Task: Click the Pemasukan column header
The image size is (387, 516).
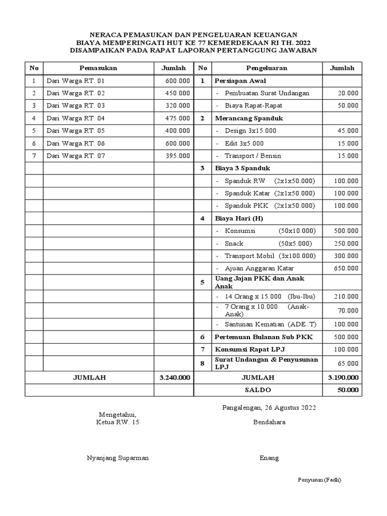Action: tap(98, 68)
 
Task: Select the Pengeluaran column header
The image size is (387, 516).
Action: tap(267, 68)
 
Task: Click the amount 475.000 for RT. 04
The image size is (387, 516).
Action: tap(178, 118)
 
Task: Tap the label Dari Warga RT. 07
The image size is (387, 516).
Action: tap(76, 156)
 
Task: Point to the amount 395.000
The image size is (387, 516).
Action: tap(178, 156)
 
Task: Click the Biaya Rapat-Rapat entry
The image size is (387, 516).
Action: tap(253, 106)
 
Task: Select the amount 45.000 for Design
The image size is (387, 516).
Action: tap(348, 131)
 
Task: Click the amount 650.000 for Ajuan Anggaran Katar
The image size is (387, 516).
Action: tap(346, 269)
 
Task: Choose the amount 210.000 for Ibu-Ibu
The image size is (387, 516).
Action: tap(346, 296)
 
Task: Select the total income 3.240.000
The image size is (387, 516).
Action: tap(174, 377)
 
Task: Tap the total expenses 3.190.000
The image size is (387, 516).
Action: tap(343, 377)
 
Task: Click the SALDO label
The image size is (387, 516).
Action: tap(258, 390)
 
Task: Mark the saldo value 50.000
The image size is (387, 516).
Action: tap(348, 390)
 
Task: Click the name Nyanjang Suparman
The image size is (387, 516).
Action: tap(118, 458)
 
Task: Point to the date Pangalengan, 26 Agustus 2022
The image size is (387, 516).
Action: tap(269, 408)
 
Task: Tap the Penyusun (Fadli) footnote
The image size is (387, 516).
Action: tap(320, 480)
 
